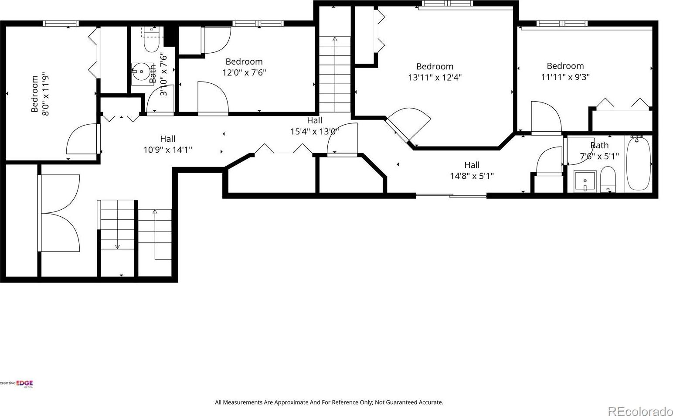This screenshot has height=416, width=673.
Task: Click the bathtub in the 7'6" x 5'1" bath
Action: (639, 164)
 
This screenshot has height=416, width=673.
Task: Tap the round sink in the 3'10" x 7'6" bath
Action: (141, 72)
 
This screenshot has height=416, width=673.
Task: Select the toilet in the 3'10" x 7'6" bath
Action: (151, 40)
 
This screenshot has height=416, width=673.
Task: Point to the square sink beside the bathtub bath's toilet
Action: (585, 181)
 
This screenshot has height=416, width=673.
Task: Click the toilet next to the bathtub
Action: (608, 180)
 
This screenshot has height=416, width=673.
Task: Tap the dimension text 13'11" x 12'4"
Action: (435, 78)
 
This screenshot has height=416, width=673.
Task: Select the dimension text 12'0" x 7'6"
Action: (244, 73)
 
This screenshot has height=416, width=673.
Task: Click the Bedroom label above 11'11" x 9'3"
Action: (565, 66)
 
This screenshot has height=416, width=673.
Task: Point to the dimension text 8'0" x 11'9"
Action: (45, 93)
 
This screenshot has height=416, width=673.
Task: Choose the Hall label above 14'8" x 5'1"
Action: (472, 165)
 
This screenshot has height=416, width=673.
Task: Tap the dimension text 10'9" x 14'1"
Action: (168, 150)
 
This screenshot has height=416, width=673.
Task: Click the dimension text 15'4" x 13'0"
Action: (314, 131)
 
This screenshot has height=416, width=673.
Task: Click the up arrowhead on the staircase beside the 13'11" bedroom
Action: (335, 38)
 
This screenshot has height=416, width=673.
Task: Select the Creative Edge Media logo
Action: (17, 384)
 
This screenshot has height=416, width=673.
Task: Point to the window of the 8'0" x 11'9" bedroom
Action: (61, 24)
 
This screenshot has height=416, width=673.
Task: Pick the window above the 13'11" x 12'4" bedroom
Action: (447, 3)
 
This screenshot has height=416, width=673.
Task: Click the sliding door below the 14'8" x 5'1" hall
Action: (451, 196)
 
